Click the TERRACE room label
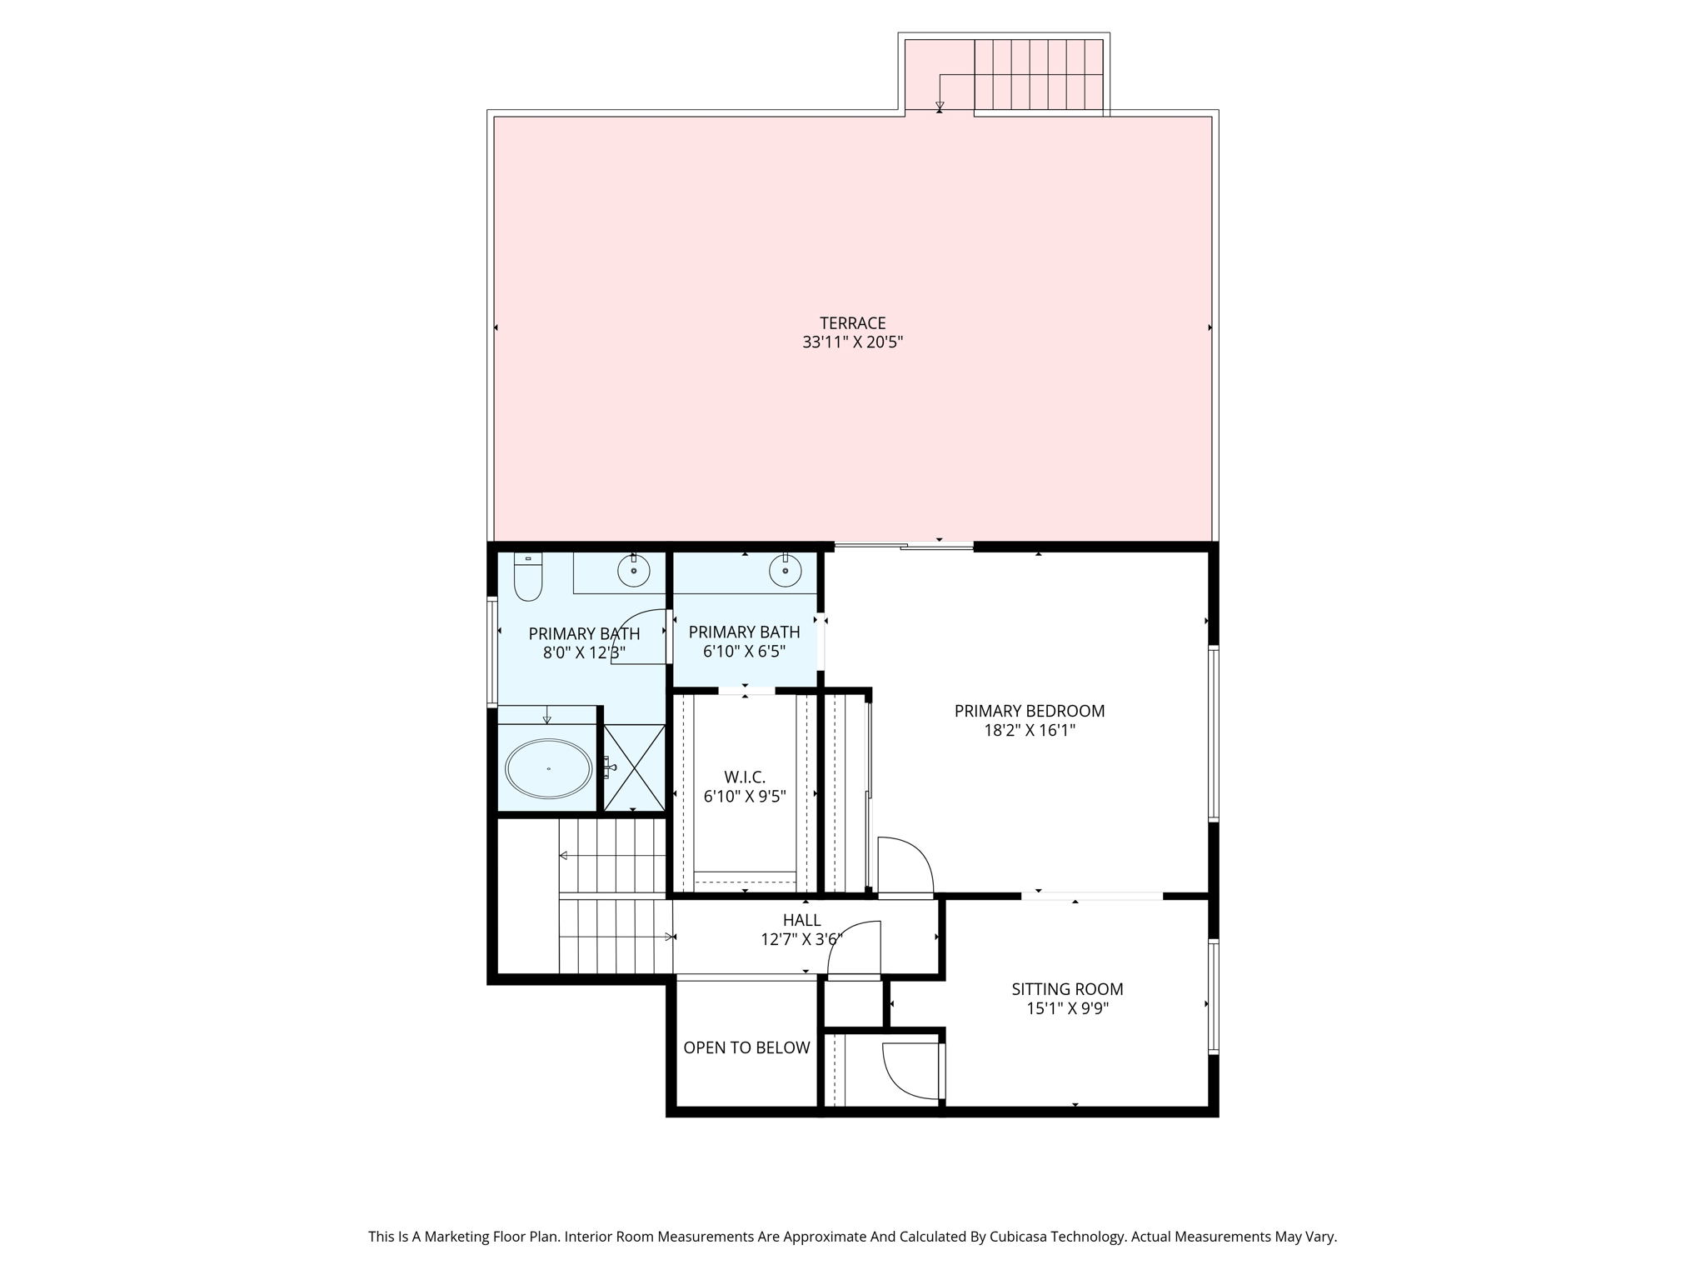852,322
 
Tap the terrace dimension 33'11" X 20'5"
852,342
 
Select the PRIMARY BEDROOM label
1029,711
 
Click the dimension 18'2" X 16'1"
1029,731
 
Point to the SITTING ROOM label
1067,989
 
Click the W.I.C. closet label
744,777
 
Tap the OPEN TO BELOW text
746,1047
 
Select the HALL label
801,920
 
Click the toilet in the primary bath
528,577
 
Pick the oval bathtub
549,768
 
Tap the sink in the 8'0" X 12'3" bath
633,571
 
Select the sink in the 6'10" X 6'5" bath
785,571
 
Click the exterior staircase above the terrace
1038,75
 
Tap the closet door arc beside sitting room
910,1072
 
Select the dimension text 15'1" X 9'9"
1067,1009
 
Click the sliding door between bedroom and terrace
904,546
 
